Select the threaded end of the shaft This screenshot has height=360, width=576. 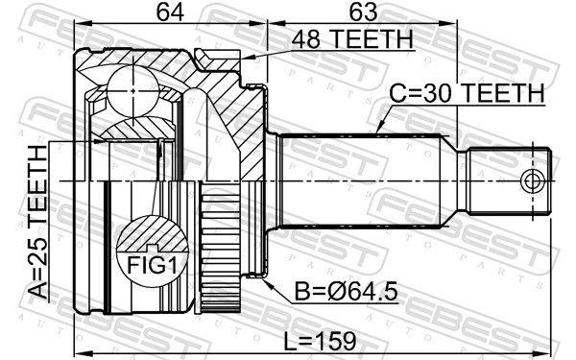(509, 180)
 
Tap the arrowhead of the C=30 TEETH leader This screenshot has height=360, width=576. (376, 131)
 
